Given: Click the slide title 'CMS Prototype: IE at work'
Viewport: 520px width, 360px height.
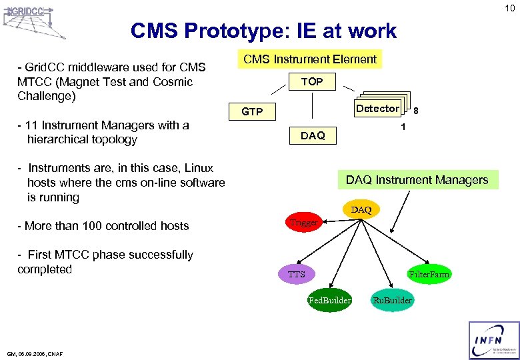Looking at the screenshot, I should pyautogui.click(x=263, y=31).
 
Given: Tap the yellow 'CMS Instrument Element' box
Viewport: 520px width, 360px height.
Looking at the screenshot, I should pyautogui.click(x=310, y=59).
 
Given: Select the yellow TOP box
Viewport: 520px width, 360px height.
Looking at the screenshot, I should pyautogui.click(x=312, y=81).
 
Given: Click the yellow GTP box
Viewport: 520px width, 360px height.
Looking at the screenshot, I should pyautogui.click(x=252, y=111).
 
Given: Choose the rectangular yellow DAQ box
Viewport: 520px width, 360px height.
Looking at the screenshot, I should pyautogui.click(x=313, y=135).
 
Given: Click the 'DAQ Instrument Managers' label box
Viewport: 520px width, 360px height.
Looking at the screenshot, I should pyautogui.click(x=417, y=179).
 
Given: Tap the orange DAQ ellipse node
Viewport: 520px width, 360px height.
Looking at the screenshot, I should pyautogui.click(x=361, y=210).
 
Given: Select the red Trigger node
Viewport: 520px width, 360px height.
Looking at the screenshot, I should pyautogui.click(x=304, y=223).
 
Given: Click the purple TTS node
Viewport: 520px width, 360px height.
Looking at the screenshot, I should pyautogui.click(x=296, y=274).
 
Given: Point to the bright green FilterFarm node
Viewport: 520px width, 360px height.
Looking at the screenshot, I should pyautogui.click(x=429, y=274).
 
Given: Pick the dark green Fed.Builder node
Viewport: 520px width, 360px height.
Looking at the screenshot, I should pyautogui.click(x=329, y=300).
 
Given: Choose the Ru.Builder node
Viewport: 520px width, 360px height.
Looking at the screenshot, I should pyautogui.click(x=392, y=300).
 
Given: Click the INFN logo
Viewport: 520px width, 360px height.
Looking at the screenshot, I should pyautogui.click(x=493, y=340).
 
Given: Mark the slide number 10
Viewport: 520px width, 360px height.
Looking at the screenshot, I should pyautogui.click(x=509, y=8).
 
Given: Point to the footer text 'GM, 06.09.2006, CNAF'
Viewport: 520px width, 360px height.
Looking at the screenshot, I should pyautogui.click(x=35, y=353).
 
